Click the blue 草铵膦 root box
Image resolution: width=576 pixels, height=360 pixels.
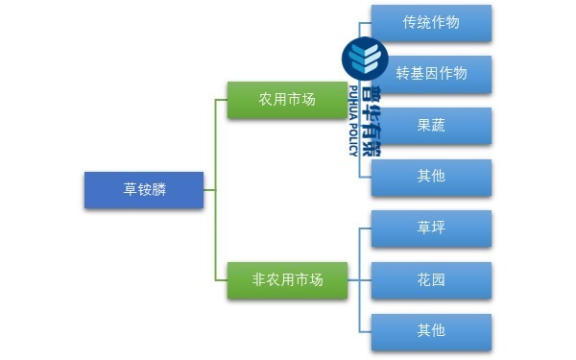[143, 190]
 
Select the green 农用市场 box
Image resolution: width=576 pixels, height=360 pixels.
[287, 99]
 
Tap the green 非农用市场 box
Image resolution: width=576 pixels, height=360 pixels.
[287, 280]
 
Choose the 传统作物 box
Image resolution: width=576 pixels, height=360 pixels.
[431, 22]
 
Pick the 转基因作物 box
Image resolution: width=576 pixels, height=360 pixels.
[431, 73]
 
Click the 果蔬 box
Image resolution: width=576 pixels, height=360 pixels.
[431, 125]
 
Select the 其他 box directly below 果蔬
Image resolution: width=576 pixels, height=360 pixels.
[431, 177]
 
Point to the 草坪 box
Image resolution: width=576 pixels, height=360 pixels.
[431, 228]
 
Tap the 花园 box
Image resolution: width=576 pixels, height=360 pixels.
[431, 280]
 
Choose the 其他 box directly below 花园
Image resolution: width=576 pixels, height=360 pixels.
[431, 331]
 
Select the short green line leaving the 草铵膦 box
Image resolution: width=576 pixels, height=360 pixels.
[209, 190]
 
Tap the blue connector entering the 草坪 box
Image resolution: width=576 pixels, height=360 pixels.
[365, 228]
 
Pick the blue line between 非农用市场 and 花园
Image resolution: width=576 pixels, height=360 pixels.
[358, 280]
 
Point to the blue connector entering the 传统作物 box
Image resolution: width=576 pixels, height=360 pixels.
[365, 21]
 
